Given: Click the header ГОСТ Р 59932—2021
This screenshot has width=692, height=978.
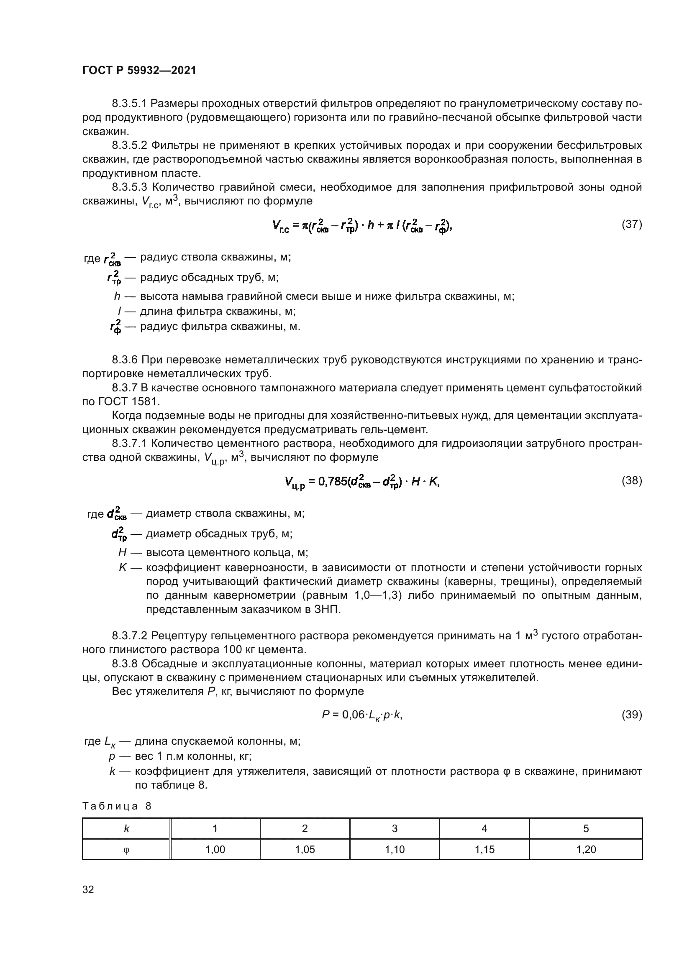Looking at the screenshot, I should [139, 71].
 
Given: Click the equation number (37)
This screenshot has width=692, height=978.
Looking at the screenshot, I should [632, 224].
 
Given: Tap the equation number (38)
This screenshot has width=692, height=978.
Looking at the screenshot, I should [632, 480].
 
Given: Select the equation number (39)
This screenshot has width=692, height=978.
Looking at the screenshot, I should [632, 714].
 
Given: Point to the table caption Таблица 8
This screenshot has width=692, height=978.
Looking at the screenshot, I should [117, 806].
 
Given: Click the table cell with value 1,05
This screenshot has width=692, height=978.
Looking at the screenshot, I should [305, 850].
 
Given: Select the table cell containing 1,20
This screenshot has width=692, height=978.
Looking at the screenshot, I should [586, 850].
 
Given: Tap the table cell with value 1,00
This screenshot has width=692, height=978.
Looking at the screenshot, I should [215, 850].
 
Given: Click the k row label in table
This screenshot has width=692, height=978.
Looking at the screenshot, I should [126, 828].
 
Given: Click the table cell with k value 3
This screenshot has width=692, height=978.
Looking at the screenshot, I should [395, 828].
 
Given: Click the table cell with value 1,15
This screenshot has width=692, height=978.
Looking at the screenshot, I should [484, 850].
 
